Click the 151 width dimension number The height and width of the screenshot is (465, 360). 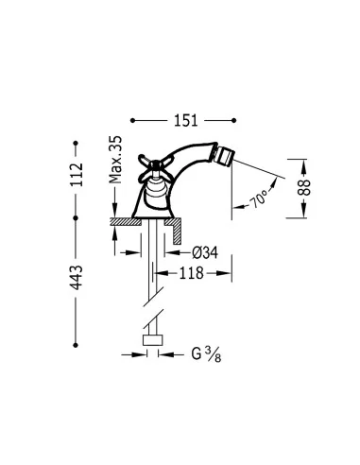tap(186, 120)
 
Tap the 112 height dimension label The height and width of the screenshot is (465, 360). tap(77, 175)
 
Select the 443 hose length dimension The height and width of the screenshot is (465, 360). tap(77, 278)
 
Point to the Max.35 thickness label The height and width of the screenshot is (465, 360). tap(115, 160)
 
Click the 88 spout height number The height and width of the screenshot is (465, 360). tap(304, 187)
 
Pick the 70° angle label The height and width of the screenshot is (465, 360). tap(259, 199)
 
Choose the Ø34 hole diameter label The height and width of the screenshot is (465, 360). tap(205, 252)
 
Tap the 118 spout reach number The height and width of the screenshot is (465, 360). tap(192, 273)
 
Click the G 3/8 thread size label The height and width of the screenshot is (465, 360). tap(206, 354)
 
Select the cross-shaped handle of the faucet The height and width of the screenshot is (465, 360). tap(154, 166)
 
